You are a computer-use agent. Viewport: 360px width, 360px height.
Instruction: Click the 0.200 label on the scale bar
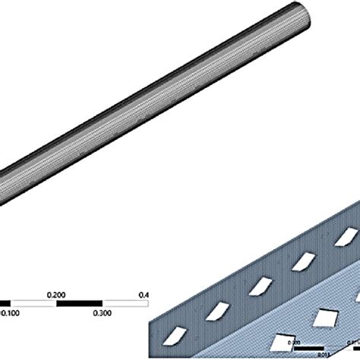pyautogui.click(x=57, y=293)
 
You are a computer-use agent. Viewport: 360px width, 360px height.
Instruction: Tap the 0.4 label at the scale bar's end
pyautogui.click(x=144, y=294)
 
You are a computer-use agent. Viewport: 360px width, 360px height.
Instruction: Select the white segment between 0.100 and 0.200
pyautogui.click(x=35, y=302)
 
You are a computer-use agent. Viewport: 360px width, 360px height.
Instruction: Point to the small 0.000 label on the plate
pyautogui.click(x=302, y=343)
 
